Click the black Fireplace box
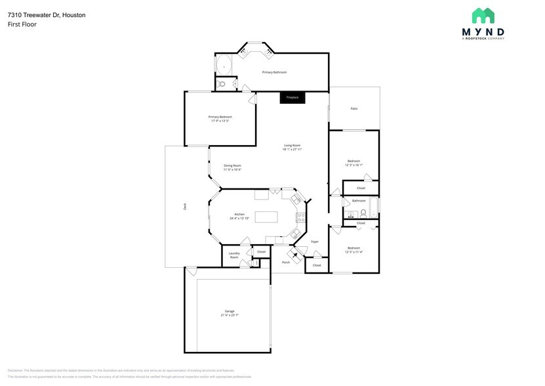tap(292, 97)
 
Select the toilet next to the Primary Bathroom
tap(222, 84)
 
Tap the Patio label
tap(353, 108)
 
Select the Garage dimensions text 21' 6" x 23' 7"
tap(230, 315)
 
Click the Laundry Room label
tap(234, 255)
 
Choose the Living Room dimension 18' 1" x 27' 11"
tap(292, 150)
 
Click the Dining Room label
tap(232, 165)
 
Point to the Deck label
tap(185, 206)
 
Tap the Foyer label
tap(314, 242)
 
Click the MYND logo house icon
tap(483, 16)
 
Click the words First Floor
tap(22, 24)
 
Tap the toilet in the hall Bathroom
tap(363, 213)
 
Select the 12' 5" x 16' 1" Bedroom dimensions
tap(353, 165)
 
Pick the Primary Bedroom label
tap(220, 116)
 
